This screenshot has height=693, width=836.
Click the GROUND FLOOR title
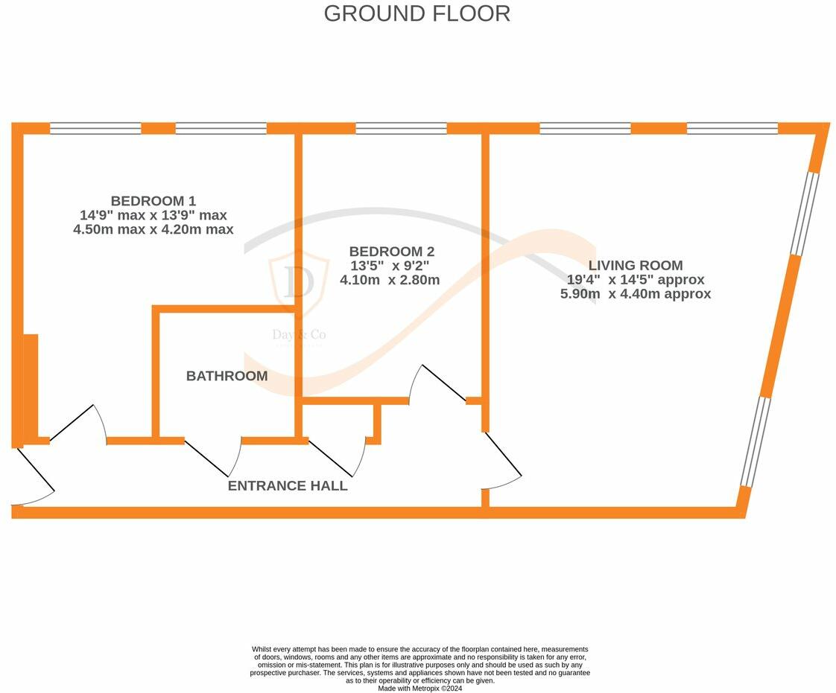[417, 13]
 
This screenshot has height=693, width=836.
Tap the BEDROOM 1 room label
[153, 201]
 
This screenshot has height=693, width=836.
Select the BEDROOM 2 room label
[391, 252]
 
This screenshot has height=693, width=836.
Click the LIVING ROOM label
[636, 265]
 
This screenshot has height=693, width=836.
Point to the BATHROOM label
[227, 376]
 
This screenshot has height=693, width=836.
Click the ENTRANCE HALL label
[287, 486]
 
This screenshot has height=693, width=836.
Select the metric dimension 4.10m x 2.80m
[390, 281]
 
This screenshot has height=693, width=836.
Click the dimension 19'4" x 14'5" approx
[636, 280]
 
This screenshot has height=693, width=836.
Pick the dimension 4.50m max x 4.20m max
[153, 229]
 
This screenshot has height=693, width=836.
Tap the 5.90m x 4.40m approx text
[636, 294]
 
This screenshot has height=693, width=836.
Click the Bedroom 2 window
[401, 128]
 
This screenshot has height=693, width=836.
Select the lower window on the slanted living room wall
[754, 441]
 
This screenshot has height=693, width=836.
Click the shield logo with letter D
[299, 282]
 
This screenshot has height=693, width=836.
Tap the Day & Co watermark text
[299, 335]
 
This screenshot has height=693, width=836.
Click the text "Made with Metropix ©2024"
[419, 689]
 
